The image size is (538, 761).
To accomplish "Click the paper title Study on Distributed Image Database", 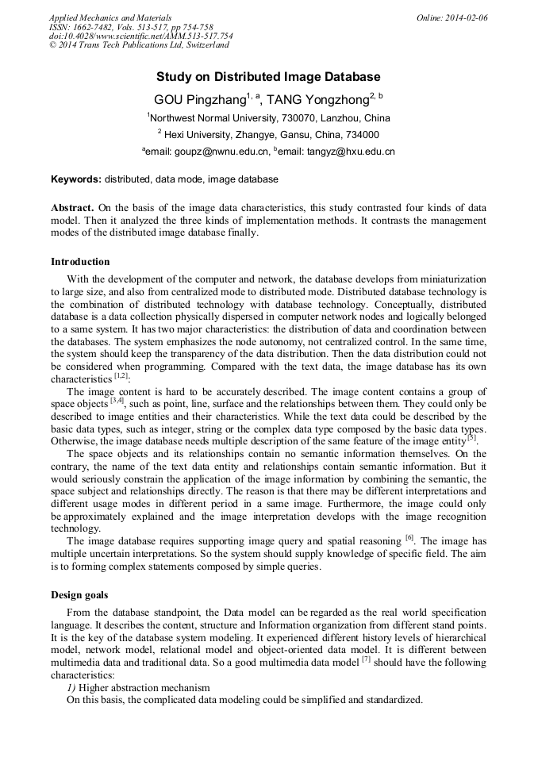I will click(x=268, y=77).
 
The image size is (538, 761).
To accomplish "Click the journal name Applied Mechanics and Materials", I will click(x=110, y=17).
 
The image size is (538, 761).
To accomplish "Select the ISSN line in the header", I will click(x=131, y=27).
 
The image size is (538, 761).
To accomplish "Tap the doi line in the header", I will click(x=140, y=36).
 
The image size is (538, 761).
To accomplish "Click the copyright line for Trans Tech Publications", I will click(x=139, y=45).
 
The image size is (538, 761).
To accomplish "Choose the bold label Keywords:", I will click(x=76, y=179).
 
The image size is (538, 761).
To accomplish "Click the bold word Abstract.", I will click(x=73, y=206).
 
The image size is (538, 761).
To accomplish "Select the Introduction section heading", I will click(x=80, y=261).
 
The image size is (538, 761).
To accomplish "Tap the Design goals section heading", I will click(x=80, y=594).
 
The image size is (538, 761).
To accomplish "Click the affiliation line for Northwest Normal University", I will click(x=268, y=117).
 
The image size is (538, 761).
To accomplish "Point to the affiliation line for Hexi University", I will click(x=268, y=135).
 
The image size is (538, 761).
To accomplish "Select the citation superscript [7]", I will click(x=366, y=659).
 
